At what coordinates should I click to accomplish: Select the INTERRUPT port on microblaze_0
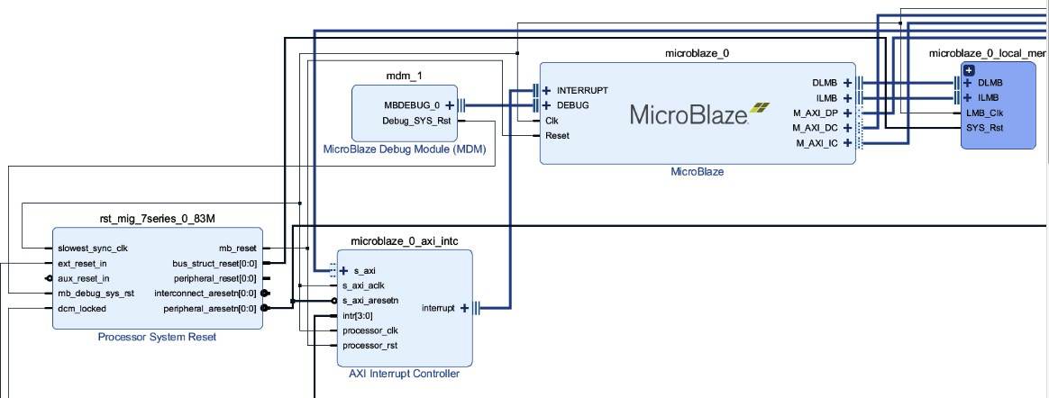click(x=581, y=91)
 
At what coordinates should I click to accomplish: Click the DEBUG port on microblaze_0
click(x=572, y=105)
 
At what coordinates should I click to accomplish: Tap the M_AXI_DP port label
click(x=815, y=113)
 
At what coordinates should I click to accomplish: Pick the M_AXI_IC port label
click(x=816, y=143)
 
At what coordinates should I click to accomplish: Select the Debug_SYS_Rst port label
click(x=417, y=121)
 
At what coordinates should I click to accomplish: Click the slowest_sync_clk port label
click(x=93, y=249)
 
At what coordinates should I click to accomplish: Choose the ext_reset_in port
click(x=82, y=264)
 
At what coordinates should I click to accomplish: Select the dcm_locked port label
click(x=81, y=309)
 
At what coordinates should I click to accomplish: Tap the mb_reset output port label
click(x=238, y=249)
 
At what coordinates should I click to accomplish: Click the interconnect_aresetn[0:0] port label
click(x=205, y=294)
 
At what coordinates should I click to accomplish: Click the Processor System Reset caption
click(x=157, y=337)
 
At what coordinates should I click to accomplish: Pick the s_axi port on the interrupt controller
click(x=363, y=270)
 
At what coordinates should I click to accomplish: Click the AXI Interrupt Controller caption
click(x=404, y=374)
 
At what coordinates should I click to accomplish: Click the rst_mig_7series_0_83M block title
click(x=157, y=218)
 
